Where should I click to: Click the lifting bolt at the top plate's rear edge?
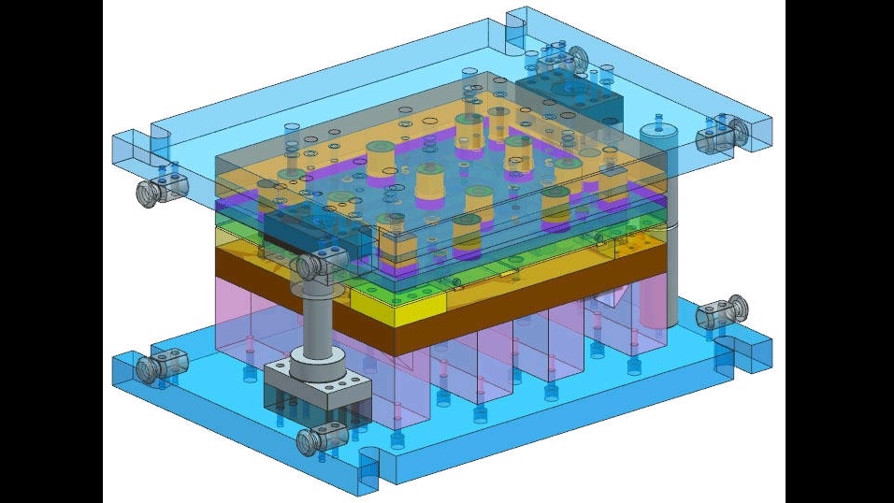pyautogui.click(x=573, y=60)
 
